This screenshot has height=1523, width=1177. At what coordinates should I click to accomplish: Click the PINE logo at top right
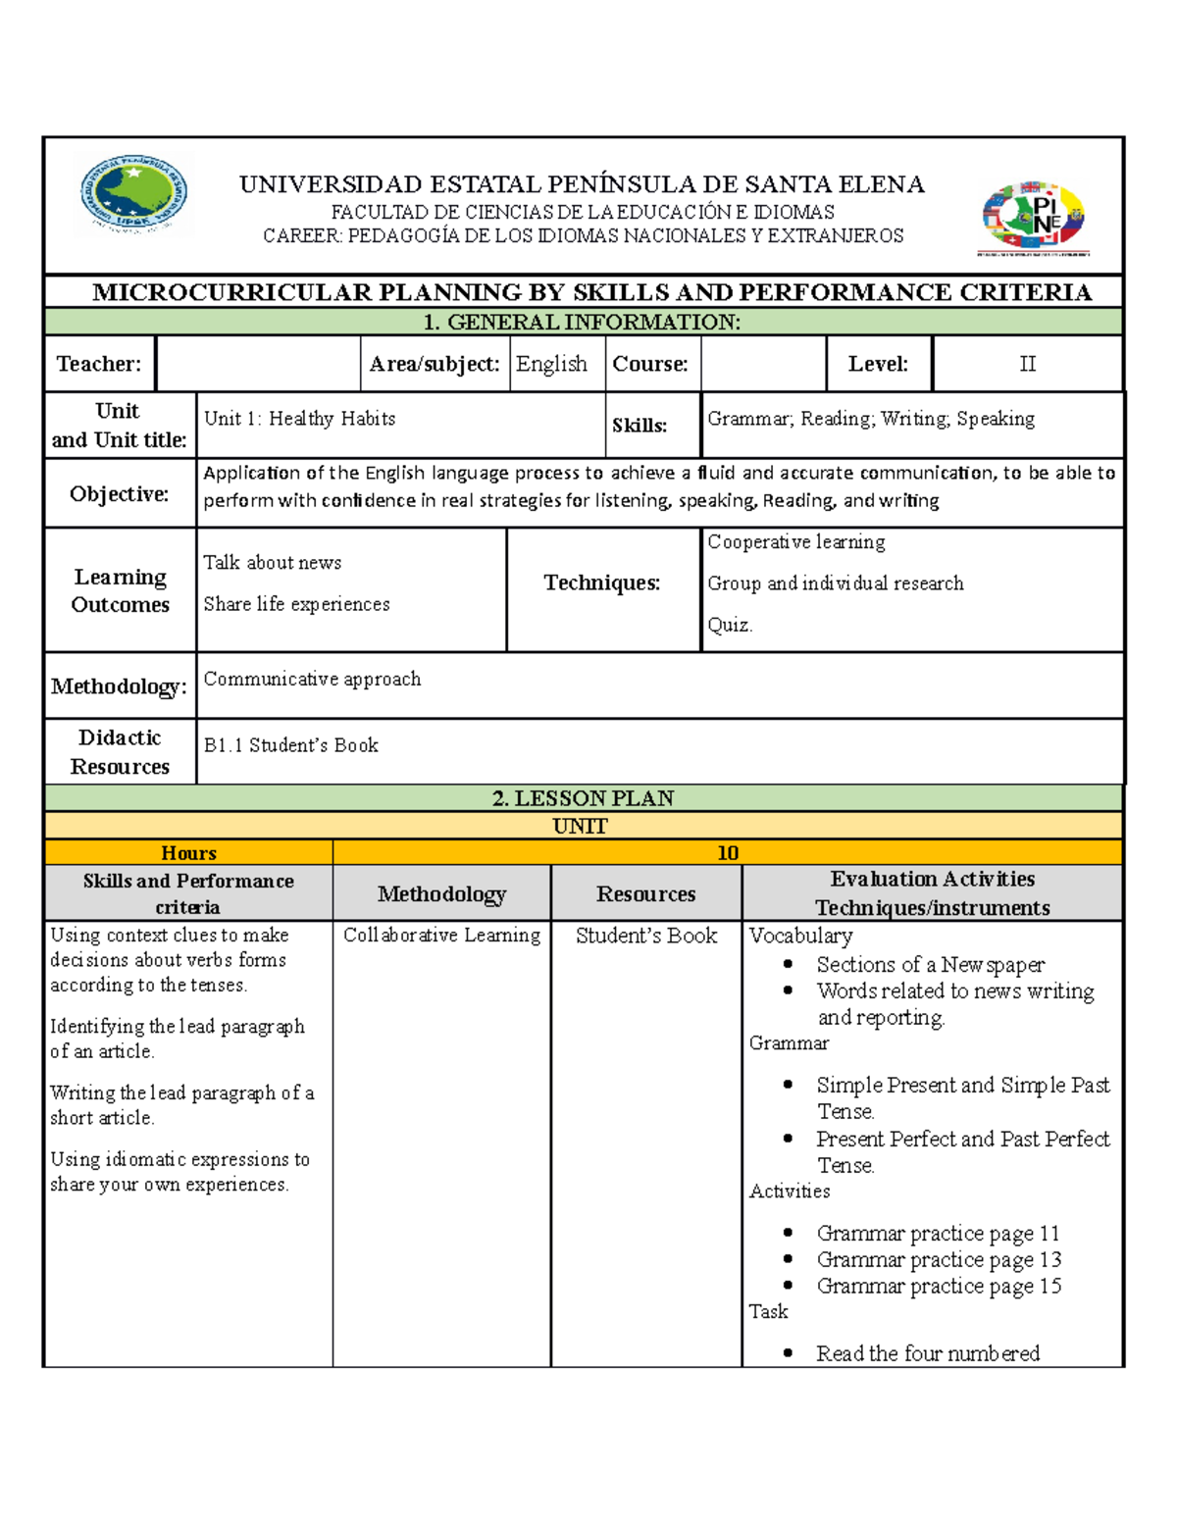click(x=1035, y=217)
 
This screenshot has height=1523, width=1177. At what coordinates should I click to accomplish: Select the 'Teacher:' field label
click(x=99, y=364)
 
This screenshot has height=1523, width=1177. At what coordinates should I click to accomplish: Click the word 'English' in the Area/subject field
click(x=551, y=364)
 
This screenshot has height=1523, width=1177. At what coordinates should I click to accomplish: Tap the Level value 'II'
click(x=1027, y=364)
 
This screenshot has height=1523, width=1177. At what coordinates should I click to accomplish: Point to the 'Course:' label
click(x=650, y=364)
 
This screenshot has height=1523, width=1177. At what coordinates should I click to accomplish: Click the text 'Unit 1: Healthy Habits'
click(x=299, y=419)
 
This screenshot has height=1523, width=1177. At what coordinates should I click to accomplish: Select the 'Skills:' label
click(x=640, y=426)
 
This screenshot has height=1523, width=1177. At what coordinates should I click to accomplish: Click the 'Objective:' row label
click(x=119, y=494)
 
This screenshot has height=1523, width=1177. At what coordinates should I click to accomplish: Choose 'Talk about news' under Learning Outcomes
click(x=273, y=563)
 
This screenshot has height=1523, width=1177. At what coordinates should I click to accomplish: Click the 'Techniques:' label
click(x=602, y=584)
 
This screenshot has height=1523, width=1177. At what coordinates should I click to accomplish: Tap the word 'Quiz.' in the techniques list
click(x=731, y=625)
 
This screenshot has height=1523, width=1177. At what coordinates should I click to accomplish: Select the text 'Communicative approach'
click(x=312, y=679)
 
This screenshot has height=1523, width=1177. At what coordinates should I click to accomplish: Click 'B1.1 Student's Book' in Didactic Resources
click(x=290, y=745)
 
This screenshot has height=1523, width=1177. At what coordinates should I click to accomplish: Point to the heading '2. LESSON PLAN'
click(x=583, y=798)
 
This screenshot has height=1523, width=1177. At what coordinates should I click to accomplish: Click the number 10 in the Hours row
click(x=728, y=853)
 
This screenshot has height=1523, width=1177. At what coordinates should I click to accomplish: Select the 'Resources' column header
click(x=645, y=894)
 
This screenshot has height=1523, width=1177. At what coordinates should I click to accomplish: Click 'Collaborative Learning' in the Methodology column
click(x=441, y=936)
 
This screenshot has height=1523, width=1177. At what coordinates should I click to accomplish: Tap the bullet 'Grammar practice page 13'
click(x=938, y=1260)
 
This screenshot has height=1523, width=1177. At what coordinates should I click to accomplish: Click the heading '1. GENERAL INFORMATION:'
click(x=583, y=323)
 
